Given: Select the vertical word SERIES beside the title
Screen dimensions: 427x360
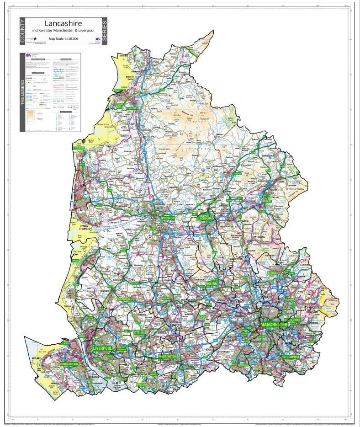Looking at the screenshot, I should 104,31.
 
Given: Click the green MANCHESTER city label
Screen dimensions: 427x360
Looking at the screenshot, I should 274,324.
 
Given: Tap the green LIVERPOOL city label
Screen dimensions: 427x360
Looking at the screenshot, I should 102,348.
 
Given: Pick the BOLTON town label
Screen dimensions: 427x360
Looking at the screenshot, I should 212,284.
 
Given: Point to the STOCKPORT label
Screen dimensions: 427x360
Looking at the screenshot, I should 291,356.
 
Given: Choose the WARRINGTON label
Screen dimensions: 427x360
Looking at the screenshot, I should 167,356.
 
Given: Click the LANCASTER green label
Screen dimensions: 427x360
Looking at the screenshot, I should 132,108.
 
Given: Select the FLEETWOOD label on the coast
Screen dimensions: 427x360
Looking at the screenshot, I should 79,148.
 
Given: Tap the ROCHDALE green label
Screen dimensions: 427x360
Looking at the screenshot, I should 273,273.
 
